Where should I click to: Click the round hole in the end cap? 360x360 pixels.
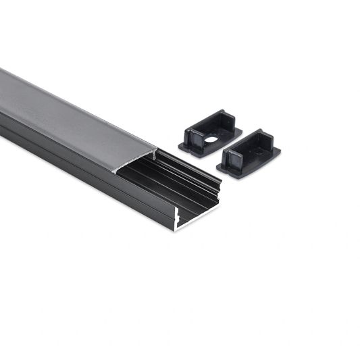point(212,140)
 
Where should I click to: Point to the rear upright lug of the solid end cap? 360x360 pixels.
point(265,139)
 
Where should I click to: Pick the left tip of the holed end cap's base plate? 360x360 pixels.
point(181,143)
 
